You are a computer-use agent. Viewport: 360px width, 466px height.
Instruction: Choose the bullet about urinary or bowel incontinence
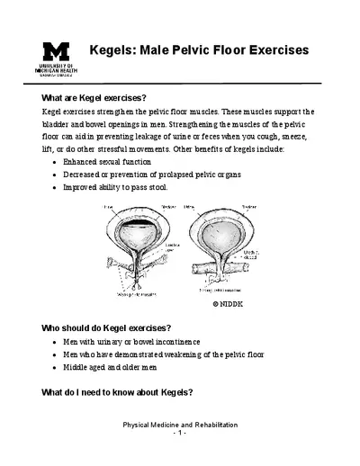pyautogui.click(x=131, y=342)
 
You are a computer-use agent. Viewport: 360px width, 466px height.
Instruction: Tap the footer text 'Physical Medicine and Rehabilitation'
pyautogui.click(x=180, y=425)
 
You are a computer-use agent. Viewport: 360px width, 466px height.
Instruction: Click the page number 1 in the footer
pyautogui.click(x=180, y=434)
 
